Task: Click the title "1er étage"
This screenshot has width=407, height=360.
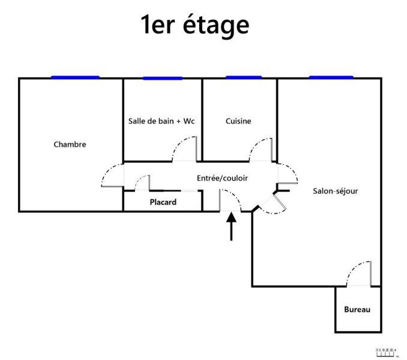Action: click(194, 26)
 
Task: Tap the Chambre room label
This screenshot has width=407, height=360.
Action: click(70, 145)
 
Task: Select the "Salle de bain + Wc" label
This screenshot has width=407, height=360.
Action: click(162, 121)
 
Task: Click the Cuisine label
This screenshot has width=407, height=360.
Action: click(238, 121)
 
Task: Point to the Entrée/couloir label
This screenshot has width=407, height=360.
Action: click(222, 178)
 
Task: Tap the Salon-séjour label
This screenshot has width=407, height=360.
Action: click(336, 191)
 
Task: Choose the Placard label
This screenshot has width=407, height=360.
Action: click(163, 202)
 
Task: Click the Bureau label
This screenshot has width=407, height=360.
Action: click(357, 310)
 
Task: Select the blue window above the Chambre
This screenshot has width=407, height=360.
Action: click(75, 77)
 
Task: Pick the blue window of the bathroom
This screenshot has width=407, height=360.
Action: click(162, 78)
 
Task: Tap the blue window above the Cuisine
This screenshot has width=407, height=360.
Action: click(243, 77)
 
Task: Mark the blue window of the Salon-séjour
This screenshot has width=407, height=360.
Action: click(331, 77)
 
